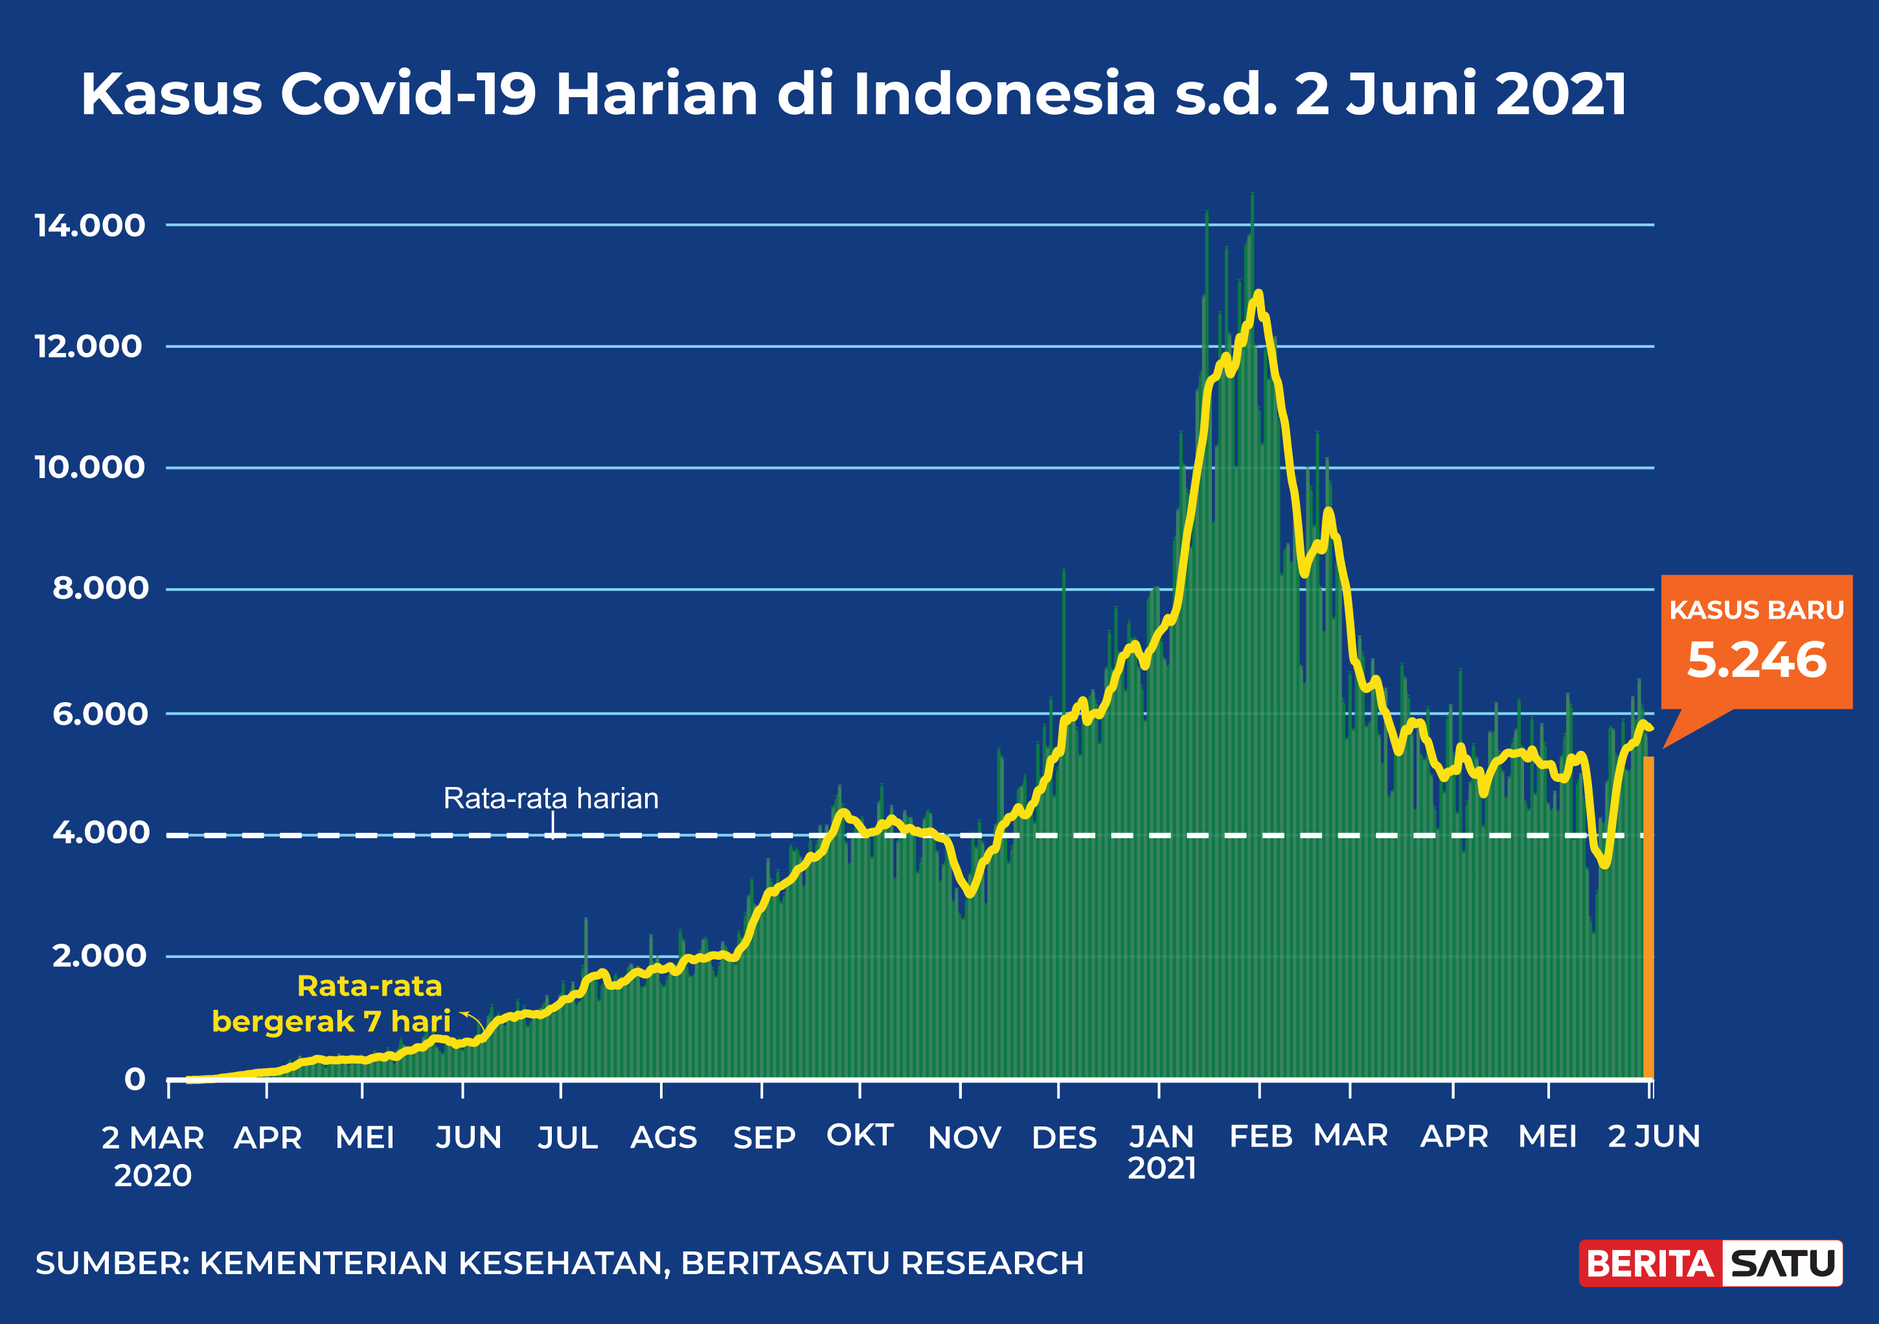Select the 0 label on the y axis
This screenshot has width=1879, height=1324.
(x=135, y=1079)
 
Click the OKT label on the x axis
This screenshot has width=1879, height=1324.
(x=860, y=1135)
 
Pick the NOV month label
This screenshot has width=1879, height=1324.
(x=964, y=1137)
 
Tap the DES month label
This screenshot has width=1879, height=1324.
(x=1064, y=1137)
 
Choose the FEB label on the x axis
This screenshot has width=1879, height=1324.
(x=1260, y=1136)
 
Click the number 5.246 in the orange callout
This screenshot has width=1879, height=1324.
(x=1756, y=660)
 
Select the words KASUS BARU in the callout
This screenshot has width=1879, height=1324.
(x=1756, y=610)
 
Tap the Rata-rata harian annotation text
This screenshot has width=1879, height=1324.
(x=551, y=798)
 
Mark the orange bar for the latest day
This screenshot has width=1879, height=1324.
(x=1648, y=917)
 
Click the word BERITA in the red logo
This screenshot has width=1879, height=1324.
(x=1650, y=1264)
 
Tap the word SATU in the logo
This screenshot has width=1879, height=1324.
(x=1783, y=1264)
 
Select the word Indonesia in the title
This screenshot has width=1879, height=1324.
(x=1005, y=94)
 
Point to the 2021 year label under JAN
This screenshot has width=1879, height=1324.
(x=1161, y=1168)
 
